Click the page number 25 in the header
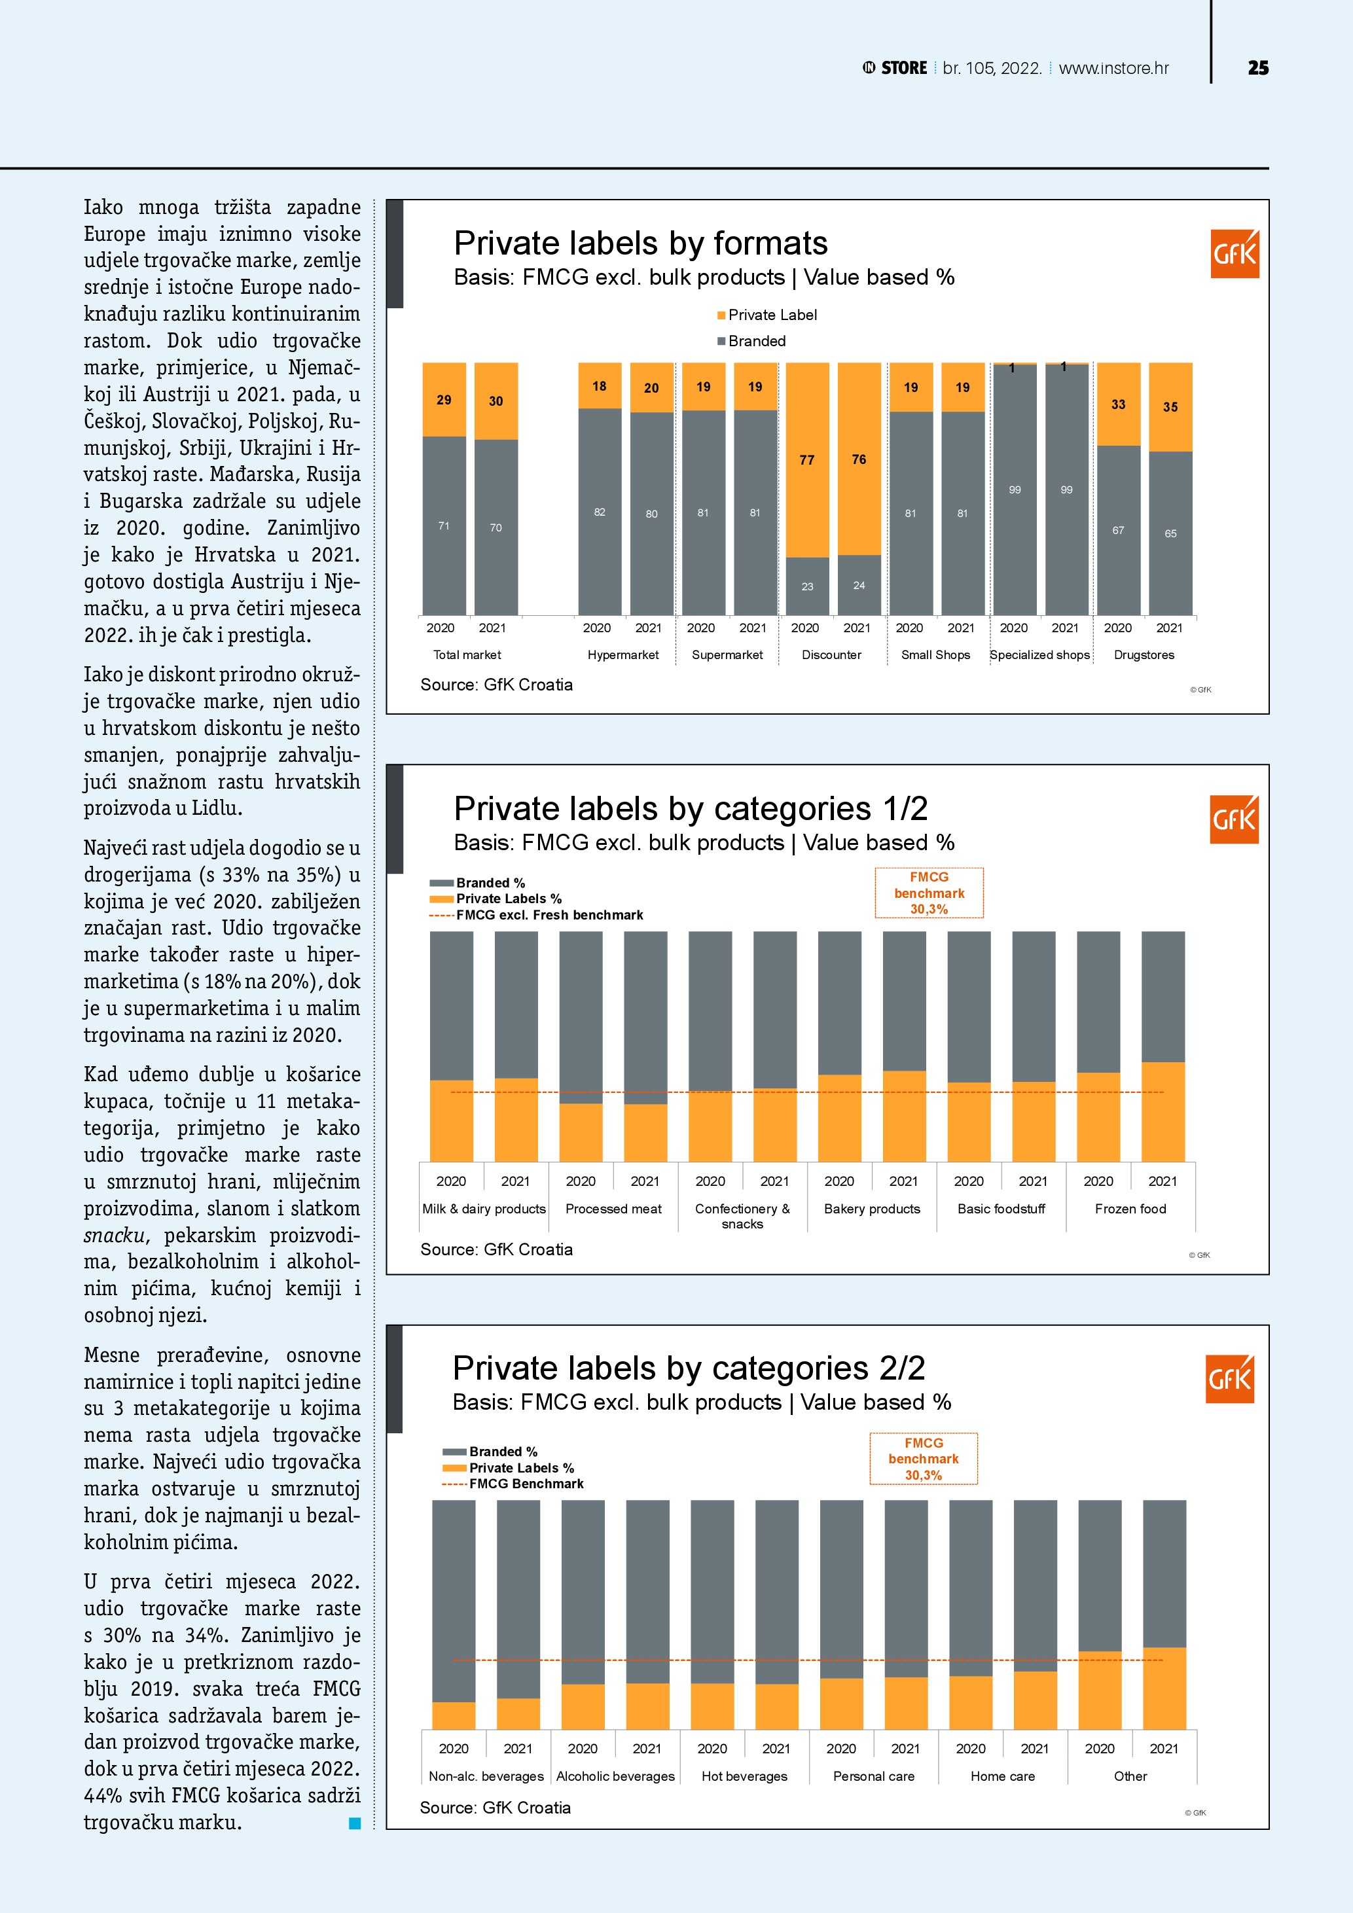pos(1258,68)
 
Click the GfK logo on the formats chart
pos(1234,253)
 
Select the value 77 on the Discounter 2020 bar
pos(806,460)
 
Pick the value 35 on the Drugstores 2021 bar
pos(1170,408)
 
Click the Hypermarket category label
pos(622,655)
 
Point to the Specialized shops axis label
pos(1039,655)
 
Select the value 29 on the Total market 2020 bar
pos(444,400)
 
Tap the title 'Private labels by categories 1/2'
pos(690,808)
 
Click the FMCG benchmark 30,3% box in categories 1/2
pos(929,893)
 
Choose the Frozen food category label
pos(1130,1209)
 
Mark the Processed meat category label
pos(613,1209)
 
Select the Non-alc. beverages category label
pos(486,1776)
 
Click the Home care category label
pos(1002,1776)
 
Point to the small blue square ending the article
pos(354,1823)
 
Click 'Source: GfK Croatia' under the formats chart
pos(497,685)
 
